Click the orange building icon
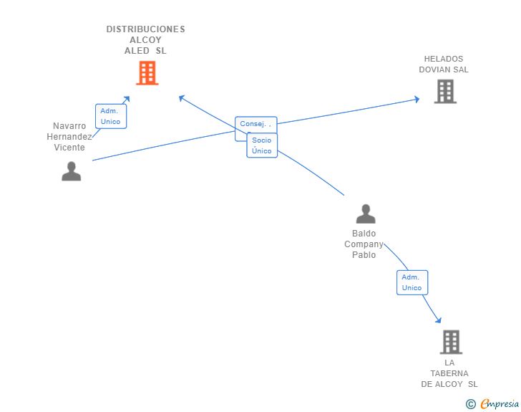pyautogui.click(x=147, y=73)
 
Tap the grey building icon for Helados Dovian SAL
pyautogui.click(x=445, y=91)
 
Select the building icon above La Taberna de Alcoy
pyautogui.click(x=451, y=342)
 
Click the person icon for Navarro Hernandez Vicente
pyautogui.click(x=71, y=171)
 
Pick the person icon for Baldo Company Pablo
pyautogui.click(x=366, y=214)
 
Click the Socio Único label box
pyautogui.click(x=262, y=145)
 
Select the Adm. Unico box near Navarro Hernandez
pyautogui.click(x=111, y=116)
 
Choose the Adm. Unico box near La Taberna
pyautogui.click(x=412, y=282)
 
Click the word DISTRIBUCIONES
pyautogui.click(x=145, y=29)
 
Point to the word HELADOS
pyautogui.click(x=444, y=59)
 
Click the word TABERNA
pyautogui.click(x=449, y=373)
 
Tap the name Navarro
pyautogui.click(x=69, y=126)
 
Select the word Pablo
pyautogui.click(x=364, y=255)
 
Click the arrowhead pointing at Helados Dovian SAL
pyautogui.click(x=417, y=99)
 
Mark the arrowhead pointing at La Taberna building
pyautogui.click(x=439, y=320)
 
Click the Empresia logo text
pyautogui.click(x=500, y=403)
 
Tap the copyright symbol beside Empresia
pyautogui.click(x=471, y=404)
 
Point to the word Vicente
pyautogui.click(x=69, y=148)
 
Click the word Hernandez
pyautogui.click(x=69, y=137)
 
